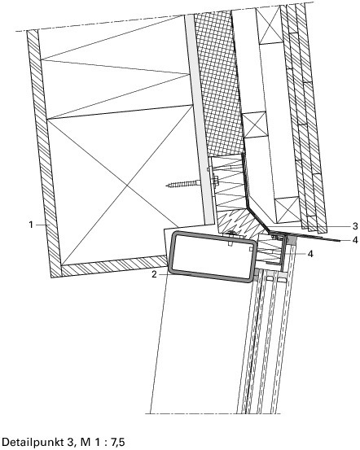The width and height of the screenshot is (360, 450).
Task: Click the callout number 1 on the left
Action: [31, 225]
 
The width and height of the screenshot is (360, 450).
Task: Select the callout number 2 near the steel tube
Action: [154, 274]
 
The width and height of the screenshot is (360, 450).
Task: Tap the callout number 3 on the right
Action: [355, 226]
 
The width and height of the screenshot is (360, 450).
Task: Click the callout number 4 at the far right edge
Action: [355, 240]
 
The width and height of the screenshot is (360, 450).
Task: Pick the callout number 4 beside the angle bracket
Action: [310, 254]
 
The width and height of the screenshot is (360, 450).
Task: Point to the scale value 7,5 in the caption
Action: [118, 442]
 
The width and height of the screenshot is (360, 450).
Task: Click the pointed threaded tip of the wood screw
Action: [167, 186]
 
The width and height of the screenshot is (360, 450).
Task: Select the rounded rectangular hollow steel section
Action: [212, 256]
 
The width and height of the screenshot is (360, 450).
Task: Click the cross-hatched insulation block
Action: [219, 83]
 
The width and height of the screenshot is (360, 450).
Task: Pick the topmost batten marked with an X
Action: [269, 25]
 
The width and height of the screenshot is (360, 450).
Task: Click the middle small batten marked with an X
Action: [255, 125]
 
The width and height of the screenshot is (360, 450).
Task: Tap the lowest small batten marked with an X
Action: [287, 209]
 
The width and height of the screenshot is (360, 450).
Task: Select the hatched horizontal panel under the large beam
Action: [114, 266]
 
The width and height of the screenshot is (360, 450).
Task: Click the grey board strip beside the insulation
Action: [199, 119]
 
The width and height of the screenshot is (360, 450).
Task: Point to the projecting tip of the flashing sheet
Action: [340, 242]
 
